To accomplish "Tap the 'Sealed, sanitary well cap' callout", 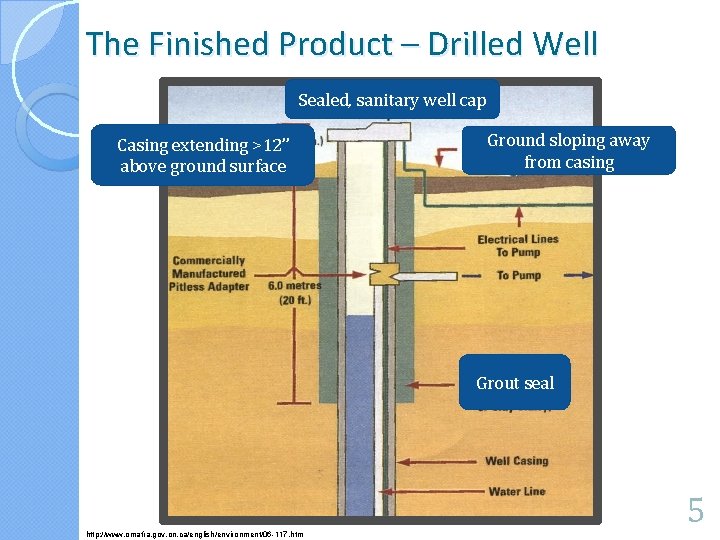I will (x=392, y=100).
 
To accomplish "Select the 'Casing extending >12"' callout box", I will (x=203, y=156).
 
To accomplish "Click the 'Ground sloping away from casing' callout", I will (x=568, y=151).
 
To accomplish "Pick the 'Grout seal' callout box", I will (x=514, y=383).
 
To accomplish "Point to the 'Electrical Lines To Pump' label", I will (x=517, y=245).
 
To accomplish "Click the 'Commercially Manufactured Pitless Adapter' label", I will (x=210, y=274).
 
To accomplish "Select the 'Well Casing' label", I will (x=516, y=461).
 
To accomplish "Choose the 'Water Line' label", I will (x=516, y=491).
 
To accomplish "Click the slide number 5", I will (x=695, y=513).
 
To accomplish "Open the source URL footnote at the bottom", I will (x=196, y=534).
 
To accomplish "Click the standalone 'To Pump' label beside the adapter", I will (x=518, y=275).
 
